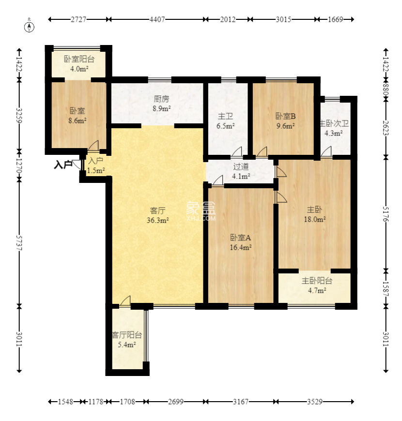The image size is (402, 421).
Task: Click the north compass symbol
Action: (x=29, y=27)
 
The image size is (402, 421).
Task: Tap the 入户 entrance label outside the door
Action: (x=63, y=165)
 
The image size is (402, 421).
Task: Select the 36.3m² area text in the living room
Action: (x=158, y=220)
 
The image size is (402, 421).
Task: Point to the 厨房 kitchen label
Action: (x=161, y=99)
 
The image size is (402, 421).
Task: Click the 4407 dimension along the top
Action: (x=157, y=19)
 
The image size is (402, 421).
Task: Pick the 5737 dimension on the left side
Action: (x=19, y=243)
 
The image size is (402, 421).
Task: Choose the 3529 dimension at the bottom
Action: (x=315, y=402)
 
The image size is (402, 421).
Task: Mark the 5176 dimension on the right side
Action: (x=386, y=214)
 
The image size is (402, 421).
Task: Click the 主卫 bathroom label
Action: (x=225, y=116)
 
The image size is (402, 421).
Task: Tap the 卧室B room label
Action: (x=285, y=116)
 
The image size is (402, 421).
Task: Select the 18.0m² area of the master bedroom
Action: (x=315, y=219)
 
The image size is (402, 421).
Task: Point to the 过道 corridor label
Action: (x=241, y=166)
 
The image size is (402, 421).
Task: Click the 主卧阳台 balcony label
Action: (x=317, y=281)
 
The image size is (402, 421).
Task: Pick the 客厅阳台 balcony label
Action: (x=126, y=335)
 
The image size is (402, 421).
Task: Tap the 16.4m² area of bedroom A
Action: (x=241, y=247)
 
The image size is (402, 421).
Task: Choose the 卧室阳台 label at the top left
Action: (x=79, y=59)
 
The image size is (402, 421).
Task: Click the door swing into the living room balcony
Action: (x=125, y=301)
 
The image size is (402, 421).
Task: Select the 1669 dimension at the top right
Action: (x=335, y=19)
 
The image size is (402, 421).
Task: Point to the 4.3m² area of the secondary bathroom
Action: (x=334, y=133)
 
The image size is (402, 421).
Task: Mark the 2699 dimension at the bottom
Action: (x=176, y=402)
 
